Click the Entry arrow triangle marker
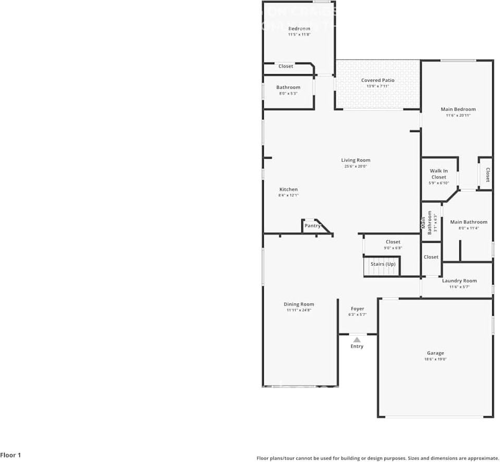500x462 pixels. click(x=357, y=339)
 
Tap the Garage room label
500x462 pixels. click(x=435, y=353)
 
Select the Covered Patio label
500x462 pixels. click(x=377, y=80)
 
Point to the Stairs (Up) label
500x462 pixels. click(x=383, y=264)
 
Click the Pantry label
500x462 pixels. click(x=312, y=226)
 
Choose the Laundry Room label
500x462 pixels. click(x=459, y=281)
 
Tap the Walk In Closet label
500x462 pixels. click(x=438, y=174)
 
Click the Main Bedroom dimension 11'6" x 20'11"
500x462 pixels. click(x=458, y=115)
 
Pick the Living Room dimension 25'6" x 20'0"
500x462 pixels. click(x=356, y=167)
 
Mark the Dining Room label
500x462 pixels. click(x=299, y=304)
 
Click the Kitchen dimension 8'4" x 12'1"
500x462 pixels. click(x=288, y=195)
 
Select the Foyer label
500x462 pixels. click(x=357, y=309)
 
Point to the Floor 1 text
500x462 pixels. click(x=10, y=455)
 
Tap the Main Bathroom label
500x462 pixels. click(x=468, y=222)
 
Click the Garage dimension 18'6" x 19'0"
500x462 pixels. click(x=435, y=359)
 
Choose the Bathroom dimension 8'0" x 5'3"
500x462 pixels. click(x=288, y=93)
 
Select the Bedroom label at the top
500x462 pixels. click(x=299, y=28)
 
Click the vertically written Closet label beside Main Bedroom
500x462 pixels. click(x=487, y=174)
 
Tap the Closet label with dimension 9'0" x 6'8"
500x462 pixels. click(x=393, y=242)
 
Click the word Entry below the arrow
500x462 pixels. click(x=357, y=346)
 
